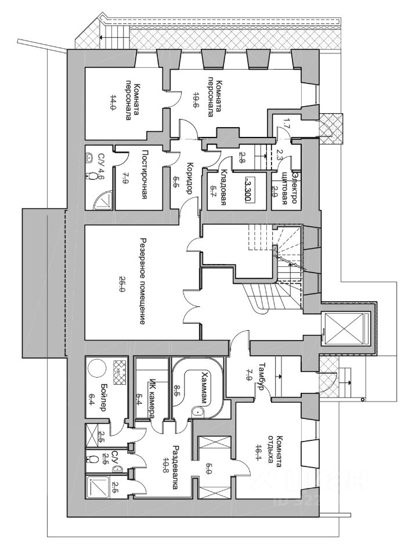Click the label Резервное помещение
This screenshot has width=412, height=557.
coord(142,280)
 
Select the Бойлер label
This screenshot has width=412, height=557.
coord(103,397)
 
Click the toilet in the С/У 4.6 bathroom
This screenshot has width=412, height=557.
coord(91,175)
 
